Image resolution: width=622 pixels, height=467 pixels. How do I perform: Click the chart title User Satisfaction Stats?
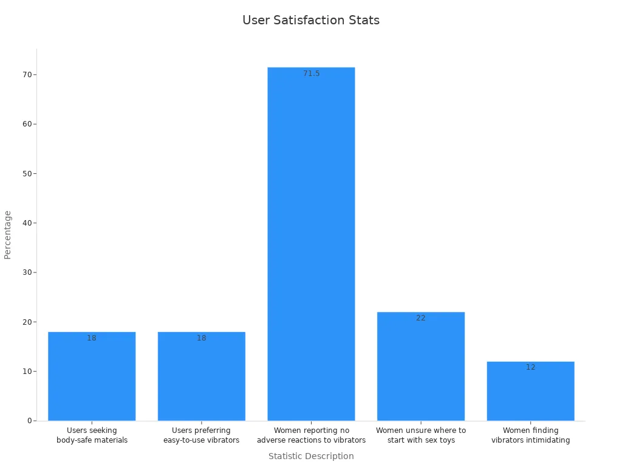pos(311,20)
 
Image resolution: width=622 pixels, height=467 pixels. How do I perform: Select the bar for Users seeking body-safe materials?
pos(92,376)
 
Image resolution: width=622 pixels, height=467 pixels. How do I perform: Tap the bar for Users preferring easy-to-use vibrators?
pos(201,376)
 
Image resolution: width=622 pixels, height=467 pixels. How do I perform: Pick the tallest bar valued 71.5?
pos(311,243)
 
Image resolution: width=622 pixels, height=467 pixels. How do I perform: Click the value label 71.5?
pos(311,74)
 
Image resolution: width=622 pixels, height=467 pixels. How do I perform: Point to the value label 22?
pos(421,318)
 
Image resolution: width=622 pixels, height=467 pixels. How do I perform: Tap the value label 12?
pos(530,367)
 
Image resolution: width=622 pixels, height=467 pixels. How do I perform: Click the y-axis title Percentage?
pos(8,235)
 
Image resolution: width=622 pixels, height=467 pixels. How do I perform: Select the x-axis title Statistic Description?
pos(311,456)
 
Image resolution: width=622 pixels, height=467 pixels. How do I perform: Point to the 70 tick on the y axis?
pos(27,74)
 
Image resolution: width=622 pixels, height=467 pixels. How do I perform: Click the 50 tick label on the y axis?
pos(27,173)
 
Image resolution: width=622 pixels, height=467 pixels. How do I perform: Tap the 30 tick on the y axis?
pos(27,272)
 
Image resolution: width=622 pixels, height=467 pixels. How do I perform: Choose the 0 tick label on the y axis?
pos(29,421)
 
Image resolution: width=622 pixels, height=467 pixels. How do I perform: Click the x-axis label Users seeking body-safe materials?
pos(92,435)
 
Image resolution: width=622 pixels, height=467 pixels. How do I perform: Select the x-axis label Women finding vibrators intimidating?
pos(530,435)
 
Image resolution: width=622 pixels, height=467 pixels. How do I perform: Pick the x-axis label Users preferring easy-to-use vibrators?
pos(201,435)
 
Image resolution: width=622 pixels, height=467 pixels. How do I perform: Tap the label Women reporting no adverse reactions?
pos(311,435)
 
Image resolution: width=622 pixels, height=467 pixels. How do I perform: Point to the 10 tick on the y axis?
pos(27,372)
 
